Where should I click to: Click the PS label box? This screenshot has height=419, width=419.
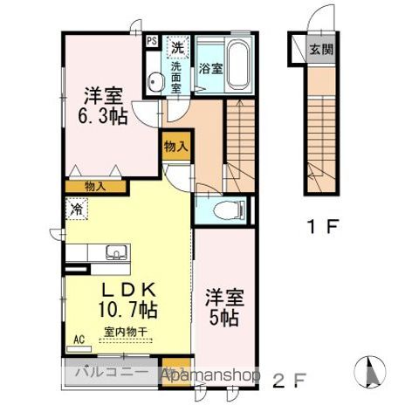tap(152, 41)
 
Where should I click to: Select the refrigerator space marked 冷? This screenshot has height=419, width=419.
tap(77, 209)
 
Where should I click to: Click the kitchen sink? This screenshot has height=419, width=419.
tap(116, 253)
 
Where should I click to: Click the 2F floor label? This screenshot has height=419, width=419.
tap(288, 380)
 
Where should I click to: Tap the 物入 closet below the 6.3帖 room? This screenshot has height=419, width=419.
tap(96, 186)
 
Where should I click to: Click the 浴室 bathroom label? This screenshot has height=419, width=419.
tap(209, 67)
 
